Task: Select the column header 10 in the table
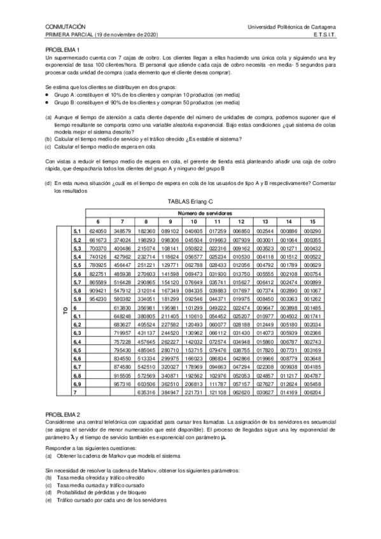point(193,221)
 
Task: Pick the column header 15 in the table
point(312,221)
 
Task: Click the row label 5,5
point(78,264)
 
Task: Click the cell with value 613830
point(122,307)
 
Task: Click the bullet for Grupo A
point(47,93)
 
